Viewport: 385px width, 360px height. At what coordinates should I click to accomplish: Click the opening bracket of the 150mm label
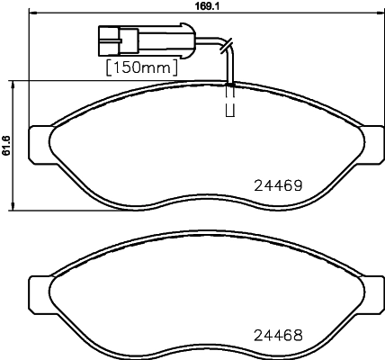(x=109, y=67)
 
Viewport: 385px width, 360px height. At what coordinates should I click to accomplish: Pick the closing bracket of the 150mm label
(x=174, y=67)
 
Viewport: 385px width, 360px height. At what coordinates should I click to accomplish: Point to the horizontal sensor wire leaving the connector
(x=180, y=40)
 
